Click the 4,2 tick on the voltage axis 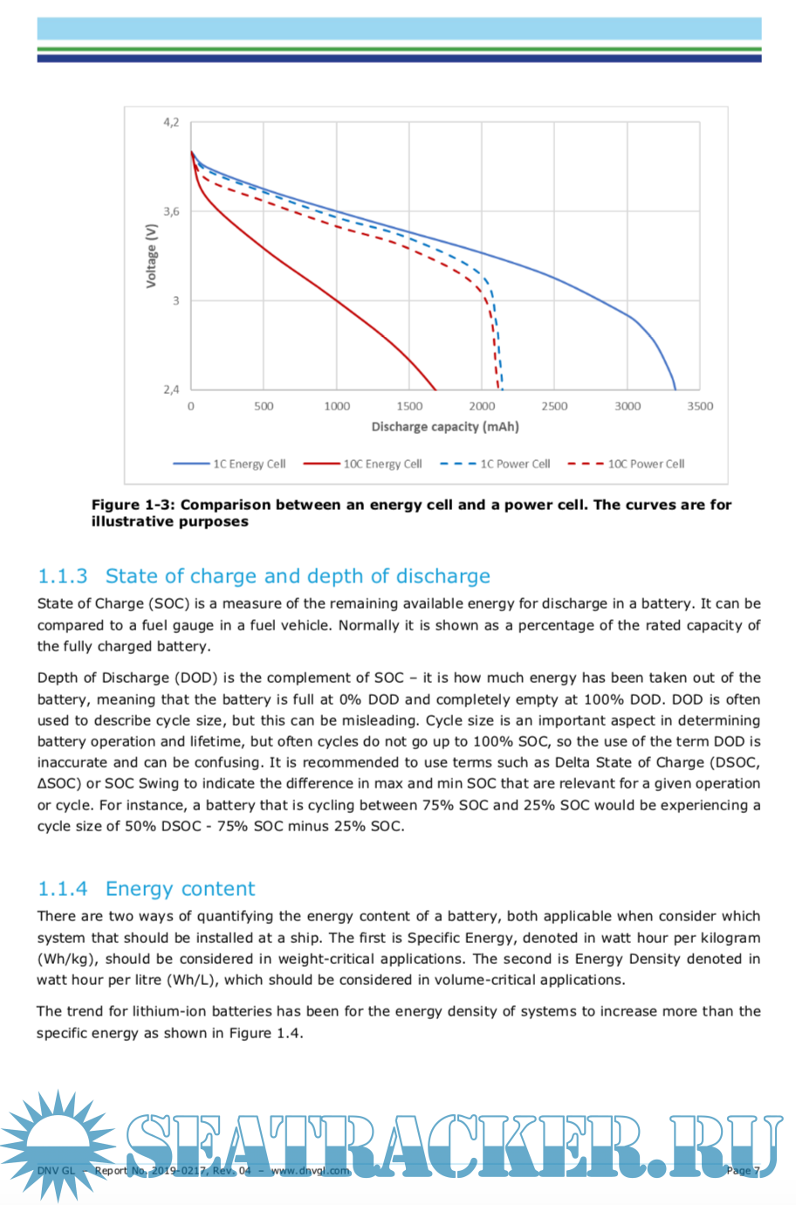click(x=171, y=122)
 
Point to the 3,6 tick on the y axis click(x=171, y=211)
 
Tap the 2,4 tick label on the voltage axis click(x=171, y=389)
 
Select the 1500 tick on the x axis click(x=409, y=406)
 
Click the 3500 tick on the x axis click(x=700, y=406)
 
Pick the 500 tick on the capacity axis click(x=264, y=406)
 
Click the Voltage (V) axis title click(x=152, y=256)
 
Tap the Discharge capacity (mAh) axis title click(x=445, y=427)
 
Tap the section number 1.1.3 click(x=63, y=576)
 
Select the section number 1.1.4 click(x=63, y=889)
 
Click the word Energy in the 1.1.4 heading click(x=137, y=889)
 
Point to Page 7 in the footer click(x=743, y=1171)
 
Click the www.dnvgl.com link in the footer click(x=311, y=1171)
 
